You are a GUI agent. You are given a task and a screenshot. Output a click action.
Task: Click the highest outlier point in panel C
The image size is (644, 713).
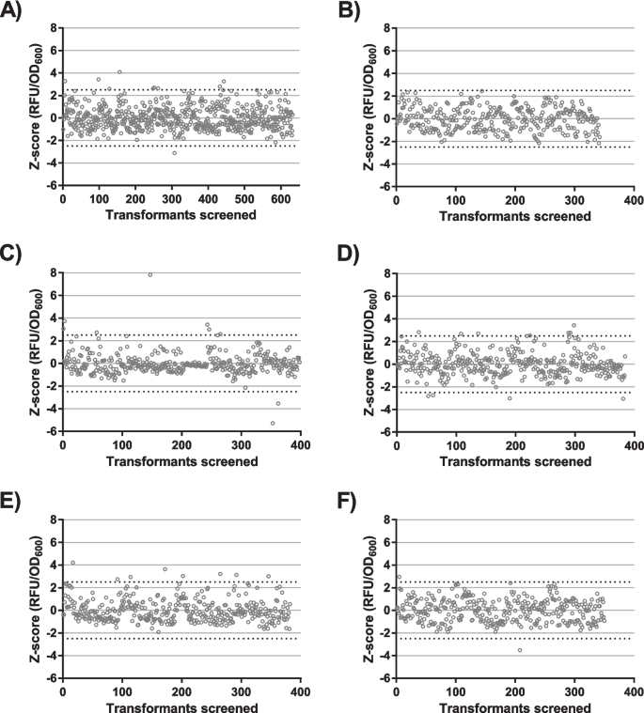[x=150, y=274]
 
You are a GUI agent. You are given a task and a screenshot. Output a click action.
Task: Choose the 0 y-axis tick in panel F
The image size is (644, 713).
[x=388, y=610]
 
